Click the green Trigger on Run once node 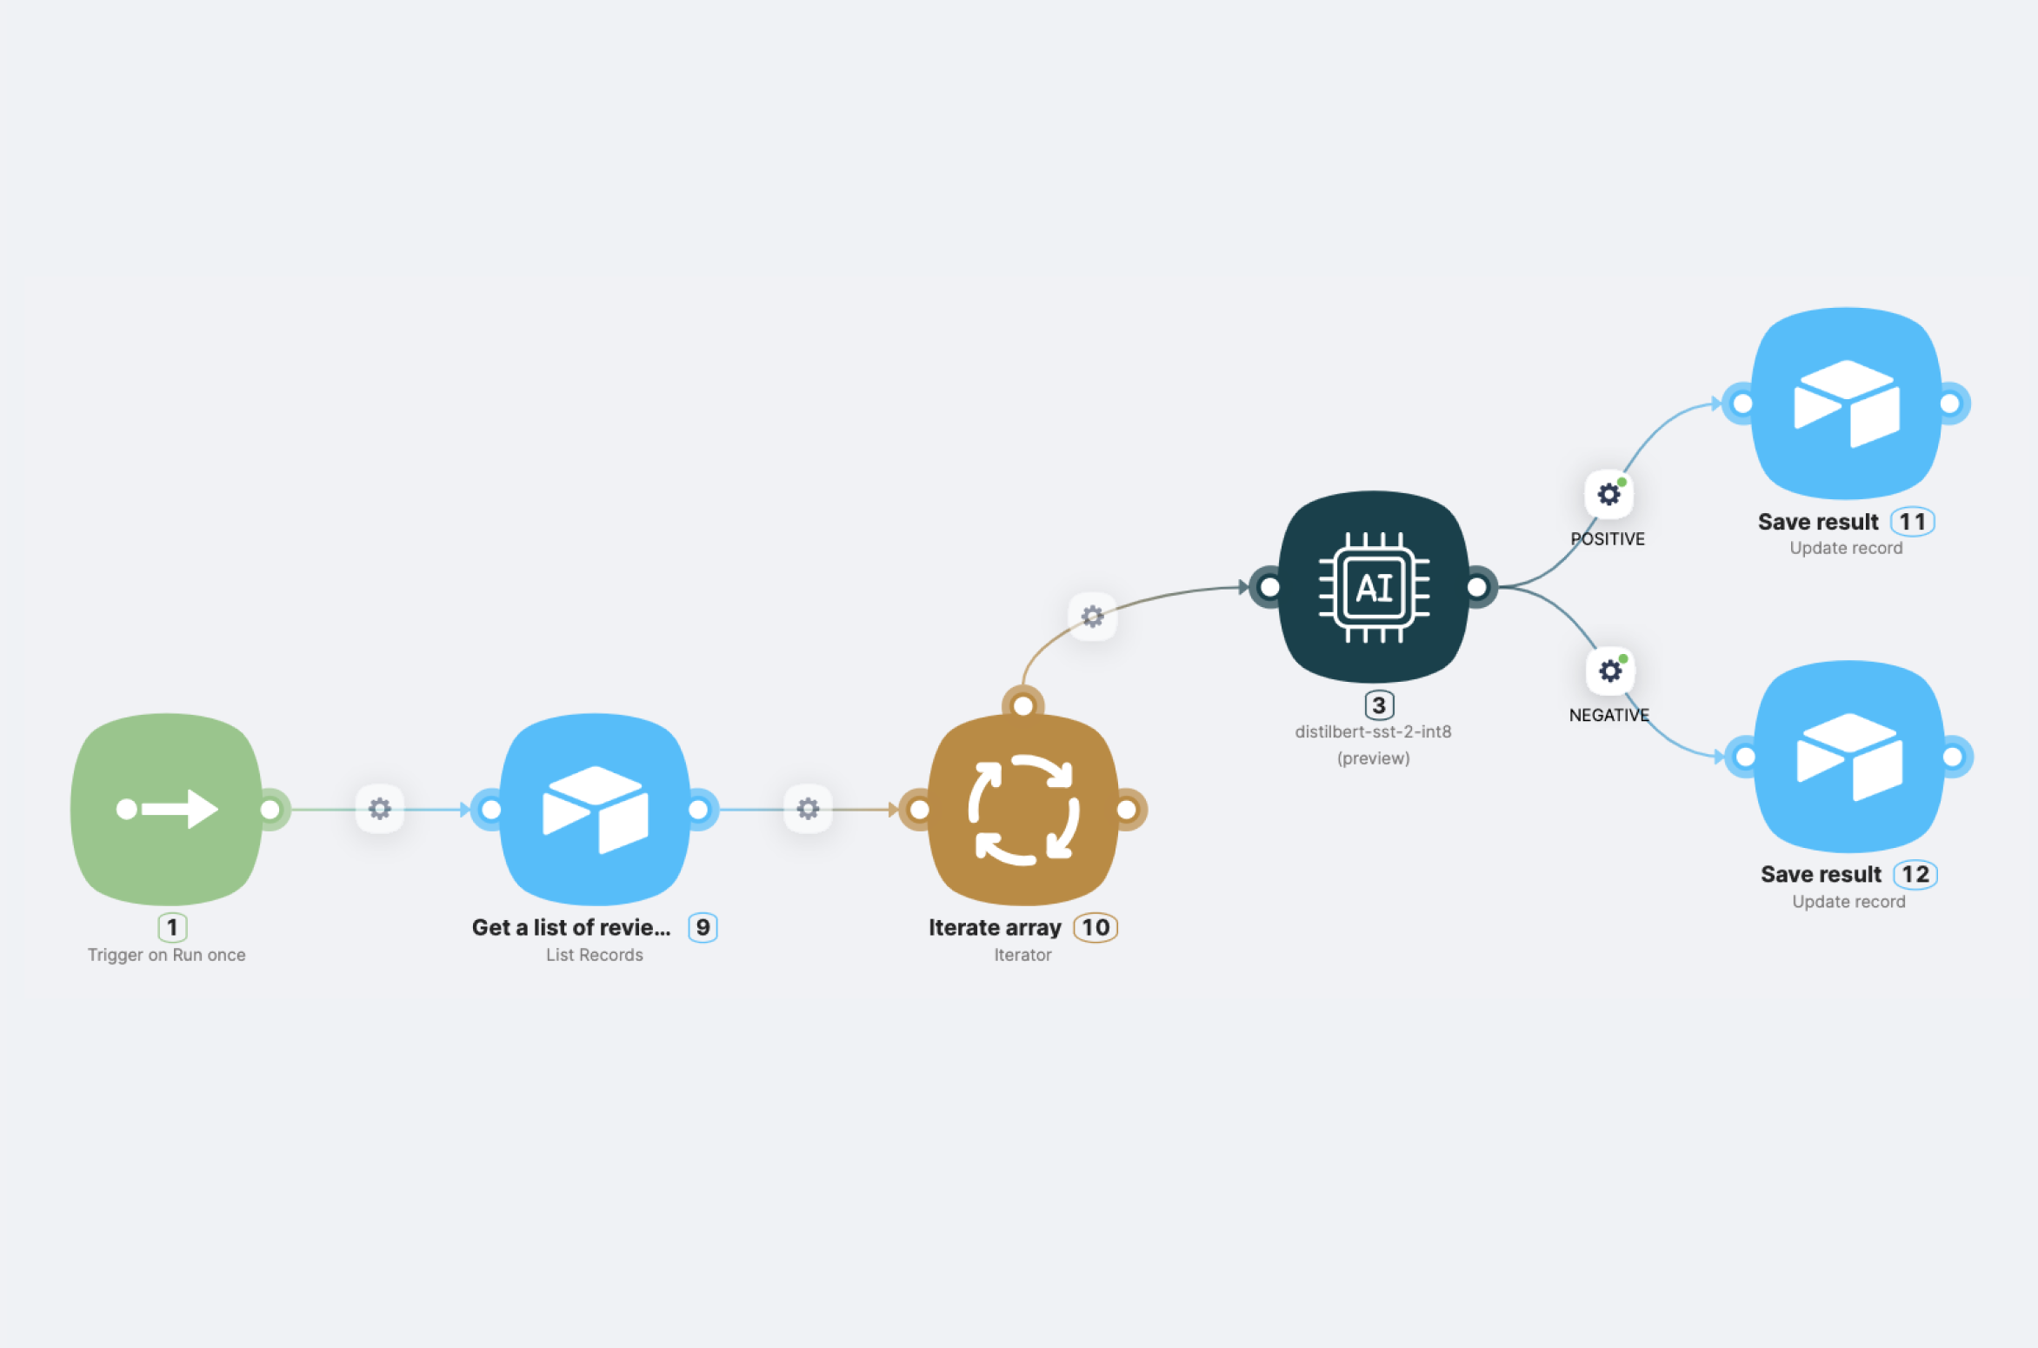(166, 809)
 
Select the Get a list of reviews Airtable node (595, 809)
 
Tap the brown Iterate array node (1023, 809)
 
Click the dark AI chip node (1374, 587)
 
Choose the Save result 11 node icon (1846, 403)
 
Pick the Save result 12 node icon (1848, 756)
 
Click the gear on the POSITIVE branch (1609, 494)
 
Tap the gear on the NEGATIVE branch (1610, 671)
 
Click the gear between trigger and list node (380, 809)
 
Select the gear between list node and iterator (808, 809)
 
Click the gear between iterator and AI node (1092, 617)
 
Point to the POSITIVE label (1608, 539)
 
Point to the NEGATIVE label (1608, 715)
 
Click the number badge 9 (703, 927)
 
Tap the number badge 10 (1096, 927)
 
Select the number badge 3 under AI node (1379, 704)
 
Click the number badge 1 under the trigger (172, 927)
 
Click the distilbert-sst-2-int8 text (1373, 731)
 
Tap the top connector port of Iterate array (1023, 705)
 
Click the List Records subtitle (595, 955)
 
